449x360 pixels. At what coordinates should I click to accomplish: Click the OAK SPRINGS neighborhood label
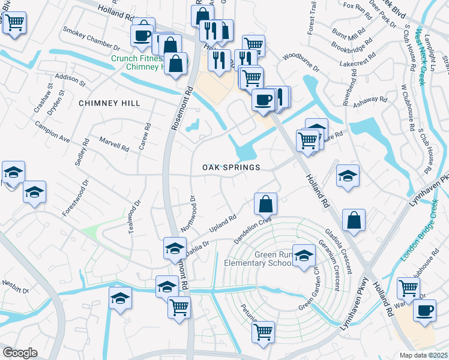231,167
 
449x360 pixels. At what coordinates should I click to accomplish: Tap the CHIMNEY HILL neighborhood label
109,103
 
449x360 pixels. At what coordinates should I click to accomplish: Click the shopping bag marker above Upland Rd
265,205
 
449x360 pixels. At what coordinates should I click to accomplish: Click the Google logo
20,353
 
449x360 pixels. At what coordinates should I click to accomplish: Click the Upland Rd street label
223,225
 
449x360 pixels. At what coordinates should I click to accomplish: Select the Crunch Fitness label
136,59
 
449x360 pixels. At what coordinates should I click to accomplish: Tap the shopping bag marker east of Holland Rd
354,220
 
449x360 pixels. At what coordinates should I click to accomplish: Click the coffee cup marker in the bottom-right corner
424,311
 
